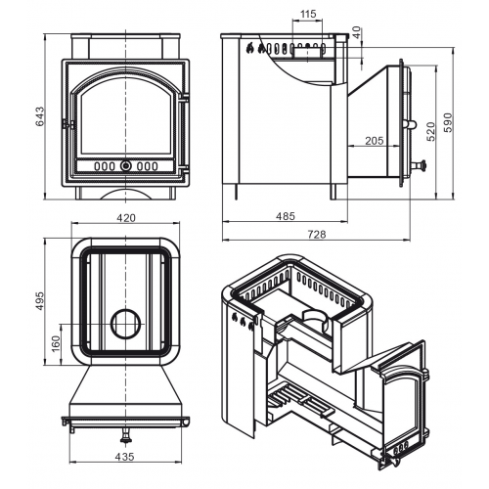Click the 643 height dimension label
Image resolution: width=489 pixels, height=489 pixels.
pyautogui.click(x=39, y=116)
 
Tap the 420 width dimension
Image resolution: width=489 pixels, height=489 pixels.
pyautogui.click(x=126, y=218)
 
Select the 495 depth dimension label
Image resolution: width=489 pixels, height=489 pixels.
pyautogui.click(x=39, y=301)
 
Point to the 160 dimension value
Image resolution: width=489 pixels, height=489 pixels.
pyautogui.click(x=56, y=343)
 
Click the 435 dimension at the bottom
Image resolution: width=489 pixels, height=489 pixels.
pyautogui.click(x=124, y=457)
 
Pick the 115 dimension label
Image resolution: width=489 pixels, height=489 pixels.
pyautogui.click(x=308, y=14)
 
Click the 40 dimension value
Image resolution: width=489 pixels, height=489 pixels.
pyautogui.click(x=357, y=32)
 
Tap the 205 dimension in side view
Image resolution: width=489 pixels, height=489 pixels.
pyautogui.click(x=375, y=141)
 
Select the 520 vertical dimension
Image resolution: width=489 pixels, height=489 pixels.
pyautogui.click(x=430, y=131)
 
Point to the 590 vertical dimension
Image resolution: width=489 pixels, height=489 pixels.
pyautogui.click(x=449, y=122)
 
